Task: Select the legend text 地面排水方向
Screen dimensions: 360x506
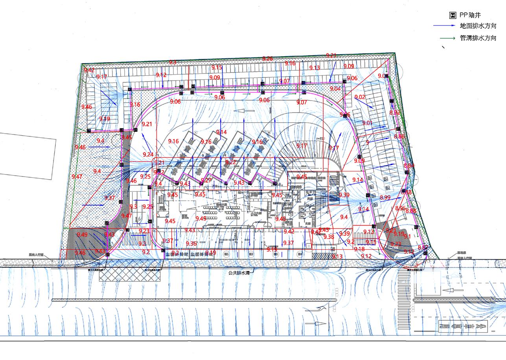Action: [x=478, y=26]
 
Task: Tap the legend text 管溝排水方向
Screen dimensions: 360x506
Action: [x=478, y=38]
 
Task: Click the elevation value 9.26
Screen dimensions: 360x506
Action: [x=267, y=59]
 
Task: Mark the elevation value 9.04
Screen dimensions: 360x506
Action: [x=335, y=89]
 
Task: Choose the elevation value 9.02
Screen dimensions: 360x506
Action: [x=360, y=97]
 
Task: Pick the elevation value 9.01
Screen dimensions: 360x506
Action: [x=367, y=123]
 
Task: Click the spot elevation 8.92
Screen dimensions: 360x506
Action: [x=394, y=113]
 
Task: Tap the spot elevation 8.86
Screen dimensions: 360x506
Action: [x=399, y=136]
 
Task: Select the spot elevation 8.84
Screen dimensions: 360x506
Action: [x=409, y=166]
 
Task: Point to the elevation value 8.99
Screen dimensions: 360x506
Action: [x=385, y=197]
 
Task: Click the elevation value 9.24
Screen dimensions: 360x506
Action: [x=148, y=154]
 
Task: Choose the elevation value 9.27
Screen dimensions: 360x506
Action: [x=206, y=180]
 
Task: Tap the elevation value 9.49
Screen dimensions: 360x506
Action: [x=82, y=235]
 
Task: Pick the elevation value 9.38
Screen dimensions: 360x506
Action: [x=329, y=237]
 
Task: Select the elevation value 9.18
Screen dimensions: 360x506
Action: [x=359, y=249]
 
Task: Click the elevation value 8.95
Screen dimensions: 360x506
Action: [x=400, y=208]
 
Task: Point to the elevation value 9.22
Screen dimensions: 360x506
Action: [x=231, y=162]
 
